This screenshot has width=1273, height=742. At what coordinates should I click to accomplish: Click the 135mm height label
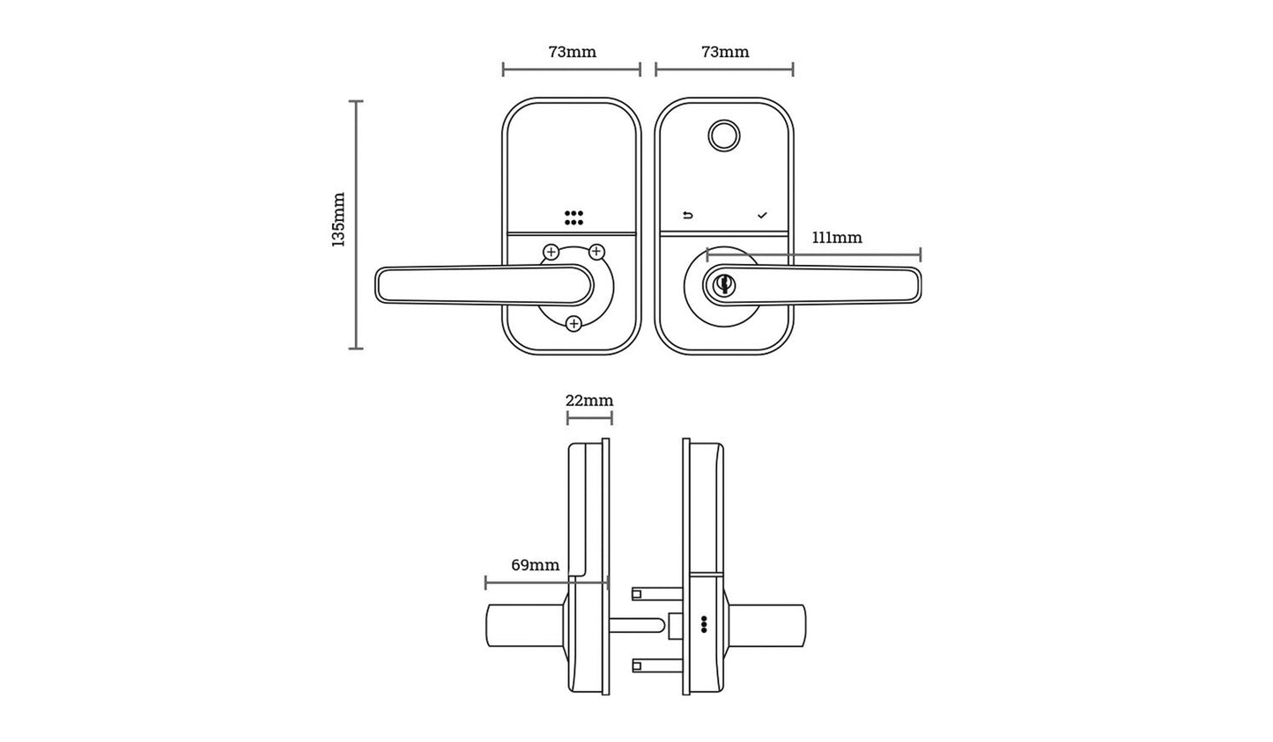point(338,219)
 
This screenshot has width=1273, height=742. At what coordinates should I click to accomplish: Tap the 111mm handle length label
point(836,238)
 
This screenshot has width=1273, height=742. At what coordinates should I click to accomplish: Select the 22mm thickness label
point(588,400)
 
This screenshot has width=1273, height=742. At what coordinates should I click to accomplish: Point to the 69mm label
point(535,565)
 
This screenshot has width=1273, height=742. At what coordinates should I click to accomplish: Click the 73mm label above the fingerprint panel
point(724,52)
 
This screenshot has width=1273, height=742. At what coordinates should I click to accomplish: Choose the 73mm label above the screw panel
point(572,52)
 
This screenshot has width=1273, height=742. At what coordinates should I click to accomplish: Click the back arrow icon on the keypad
point(688,216)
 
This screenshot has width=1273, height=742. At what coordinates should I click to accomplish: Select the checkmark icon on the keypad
point(762,216)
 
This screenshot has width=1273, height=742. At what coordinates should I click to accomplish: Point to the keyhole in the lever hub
point(724,284)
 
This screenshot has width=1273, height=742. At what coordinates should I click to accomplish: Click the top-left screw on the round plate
point(551,253)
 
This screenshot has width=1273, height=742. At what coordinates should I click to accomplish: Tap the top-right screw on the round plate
point(596,253)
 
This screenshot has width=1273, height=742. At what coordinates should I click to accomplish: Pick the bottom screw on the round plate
point(574,324)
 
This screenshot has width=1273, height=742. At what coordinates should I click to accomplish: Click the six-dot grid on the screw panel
point(574,217)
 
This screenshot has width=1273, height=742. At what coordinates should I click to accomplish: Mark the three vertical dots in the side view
point(703,624)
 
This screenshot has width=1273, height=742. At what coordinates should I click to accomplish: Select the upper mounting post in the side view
point(655,594)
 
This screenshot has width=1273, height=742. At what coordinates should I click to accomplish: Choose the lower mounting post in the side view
point(655,667)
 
